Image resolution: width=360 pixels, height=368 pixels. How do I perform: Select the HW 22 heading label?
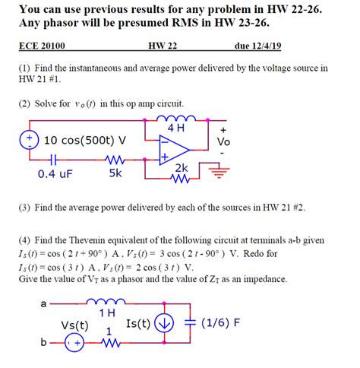[162, 46]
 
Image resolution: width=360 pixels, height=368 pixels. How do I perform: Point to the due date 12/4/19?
[258, 46]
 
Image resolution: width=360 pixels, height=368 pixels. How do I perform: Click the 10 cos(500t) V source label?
[85, 140]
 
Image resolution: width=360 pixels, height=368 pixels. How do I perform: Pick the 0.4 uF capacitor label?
[55, 173]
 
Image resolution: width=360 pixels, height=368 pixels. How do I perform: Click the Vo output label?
[223, 142]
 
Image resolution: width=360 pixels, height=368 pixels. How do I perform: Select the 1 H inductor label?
[106, 312]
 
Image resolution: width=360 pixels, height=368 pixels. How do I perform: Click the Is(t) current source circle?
[163, 325]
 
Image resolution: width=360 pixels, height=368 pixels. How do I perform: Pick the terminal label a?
[43, 304]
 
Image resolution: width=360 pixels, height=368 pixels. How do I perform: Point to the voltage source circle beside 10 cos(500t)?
[28, 140]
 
